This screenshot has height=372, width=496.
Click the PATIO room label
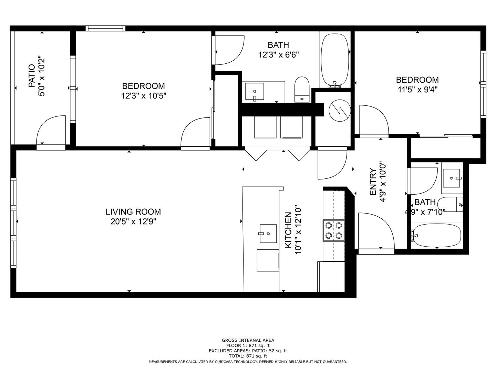pos(31,75)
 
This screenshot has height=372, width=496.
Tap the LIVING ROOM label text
pos(133,212)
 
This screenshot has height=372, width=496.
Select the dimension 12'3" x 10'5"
pos(143,96)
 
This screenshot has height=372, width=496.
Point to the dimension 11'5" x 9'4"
pos(417,90)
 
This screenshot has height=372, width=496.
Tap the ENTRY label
pos(373,182)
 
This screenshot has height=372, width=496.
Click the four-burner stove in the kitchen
pos(333,230)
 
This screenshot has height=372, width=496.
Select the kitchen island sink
pos(268,233)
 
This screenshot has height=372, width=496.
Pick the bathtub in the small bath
pos(436,236)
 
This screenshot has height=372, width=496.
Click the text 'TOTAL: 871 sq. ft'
pos(248,356)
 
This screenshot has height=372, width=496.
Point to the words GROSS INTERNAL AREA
pos(248,340)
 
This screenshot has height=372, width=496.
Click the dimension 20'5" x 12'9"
pos(133,221)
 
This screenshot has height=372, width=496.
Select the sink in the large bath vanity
pos(255,92)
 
